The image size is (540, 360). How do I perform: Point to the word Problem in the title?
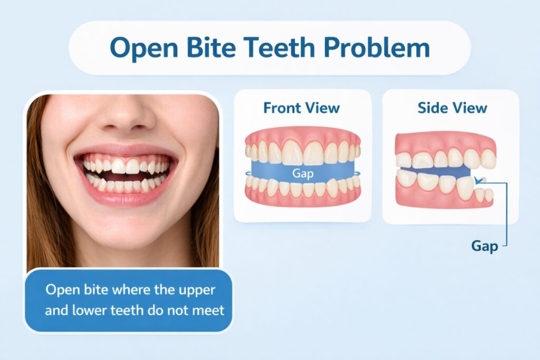click(377, 48)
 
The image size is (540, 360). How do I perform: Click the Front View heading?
click(302, 108)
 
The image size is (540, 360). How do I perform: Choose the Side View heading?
click(452, 108)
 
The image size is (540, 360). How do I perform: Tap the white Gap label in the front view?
click(303, 172)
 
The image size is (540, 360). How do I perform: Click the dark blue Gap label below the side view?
click(484, 246)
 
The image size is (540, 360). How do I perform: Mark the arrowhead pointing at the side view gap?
click(478, 181)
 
